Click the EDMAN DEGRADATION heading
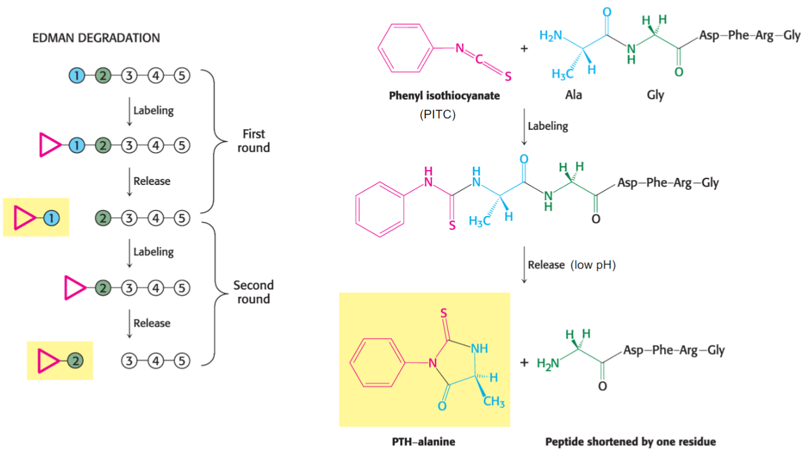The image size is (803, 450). coord(96,38)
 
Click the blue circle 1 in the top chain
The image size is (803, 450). coord(76,76)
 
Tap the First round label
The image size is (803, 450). coord(253,141)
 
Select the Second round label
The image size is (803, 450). coord(253,293)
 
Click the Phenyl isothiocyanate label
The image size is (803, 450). coord(444,96)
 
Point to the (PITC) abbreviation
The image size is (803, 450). coord(438,114)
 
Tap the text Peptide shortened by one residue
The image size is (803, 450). coord(630,442)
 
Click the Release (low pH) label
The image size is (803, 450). coord(571,264)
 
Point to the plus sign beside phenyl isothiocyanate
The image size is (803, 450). coord(524,48)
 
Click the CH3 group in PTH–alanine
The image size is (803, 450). coord(493,402)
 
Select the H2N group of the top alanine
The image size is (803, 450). coord(551,36)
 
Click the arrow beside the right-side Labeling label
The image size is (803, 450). coord(524,127)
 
